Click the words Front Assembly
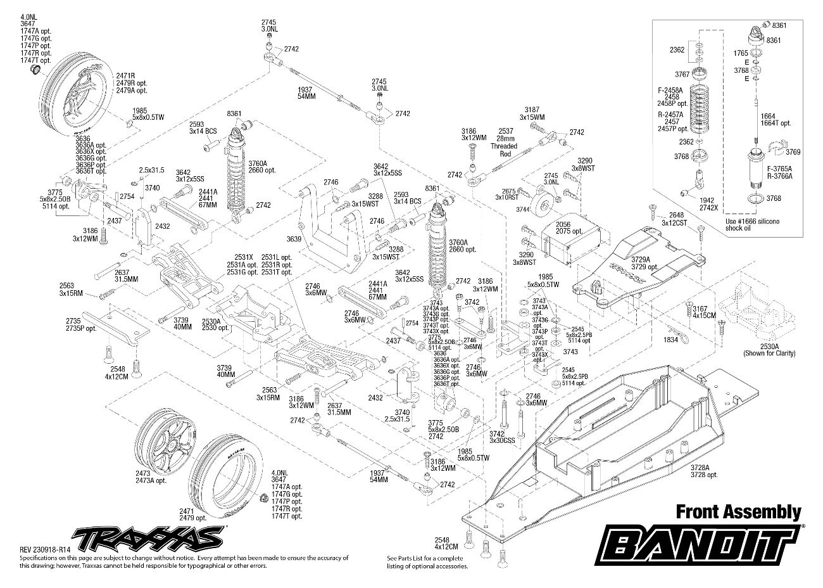(738, 512)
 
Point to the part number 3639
(293, 239)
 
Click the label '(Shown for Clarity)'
(769, 353)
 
